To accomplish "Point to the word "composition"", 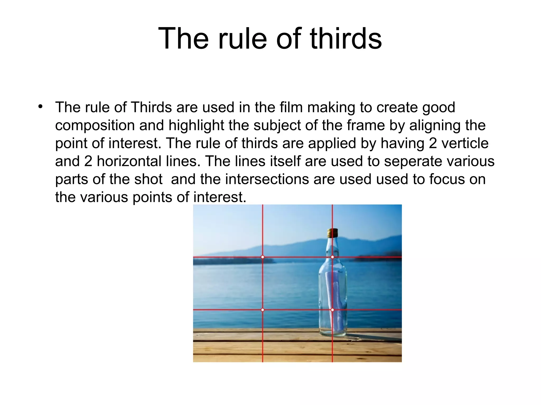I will pos(95,126).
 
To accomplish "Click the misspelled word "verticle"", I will pos(465,143).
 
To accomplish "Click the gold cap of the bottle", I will pos(333,233).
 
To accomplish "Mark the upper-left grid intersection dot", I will pos(263,257).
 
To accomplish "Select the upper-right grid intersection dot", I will pos(332,257).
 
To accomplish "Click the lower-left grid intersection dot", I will pos(263,310).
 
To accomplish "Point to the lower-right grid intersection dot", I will pos(332,310).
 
